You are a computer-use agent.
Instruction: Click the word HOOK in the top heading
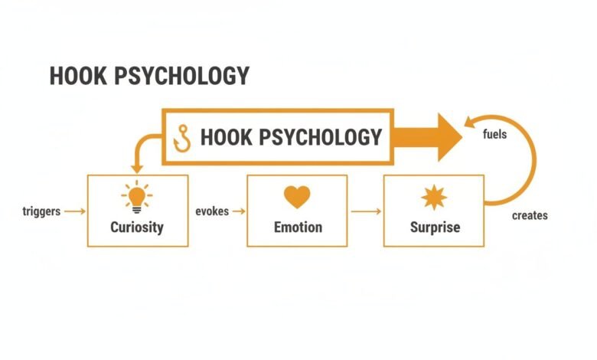pos(78,75)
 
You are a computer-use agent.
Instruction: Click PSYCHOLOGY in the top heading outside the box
pos(181,75)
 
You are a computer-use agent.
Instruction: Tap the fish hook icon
pos(182,139)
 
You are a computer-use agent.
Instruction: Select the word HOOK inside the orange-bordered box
pos(226,137)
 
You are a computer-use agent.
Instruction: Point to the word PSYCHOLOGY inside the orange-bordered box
pos(320,137)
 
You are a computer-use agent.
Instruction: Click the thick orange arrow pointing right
pos(427,137)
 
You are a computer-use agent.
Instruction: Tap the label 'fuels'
pos(494,134)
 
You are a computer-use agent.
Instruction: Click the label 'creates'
pos(530,216)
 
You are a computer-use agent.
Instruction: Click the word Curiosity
pos(137,227)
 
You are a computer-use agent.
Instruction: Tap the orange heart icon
pos(297,197)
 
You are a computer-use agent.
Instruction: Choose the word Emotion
pos(298,227)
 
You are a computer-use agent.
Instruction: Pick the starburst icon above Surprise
pos(434,198)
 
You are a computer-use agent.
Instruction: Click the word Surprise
pos(435,227)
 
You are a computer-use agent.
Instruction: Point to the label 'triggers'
pos(41,211)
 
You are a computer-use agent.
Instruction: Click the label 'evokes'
pos(212,211)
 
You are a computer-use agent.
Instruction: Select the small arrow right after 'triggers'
pos(75,211)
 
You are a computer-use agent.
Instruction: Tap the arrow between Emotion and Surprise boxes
pos(366,211)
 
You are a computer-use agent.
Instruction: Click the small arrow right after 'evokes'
pos(239,211)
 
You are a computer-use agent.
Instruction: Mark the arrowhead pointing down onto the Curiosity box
pos(137,169)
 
